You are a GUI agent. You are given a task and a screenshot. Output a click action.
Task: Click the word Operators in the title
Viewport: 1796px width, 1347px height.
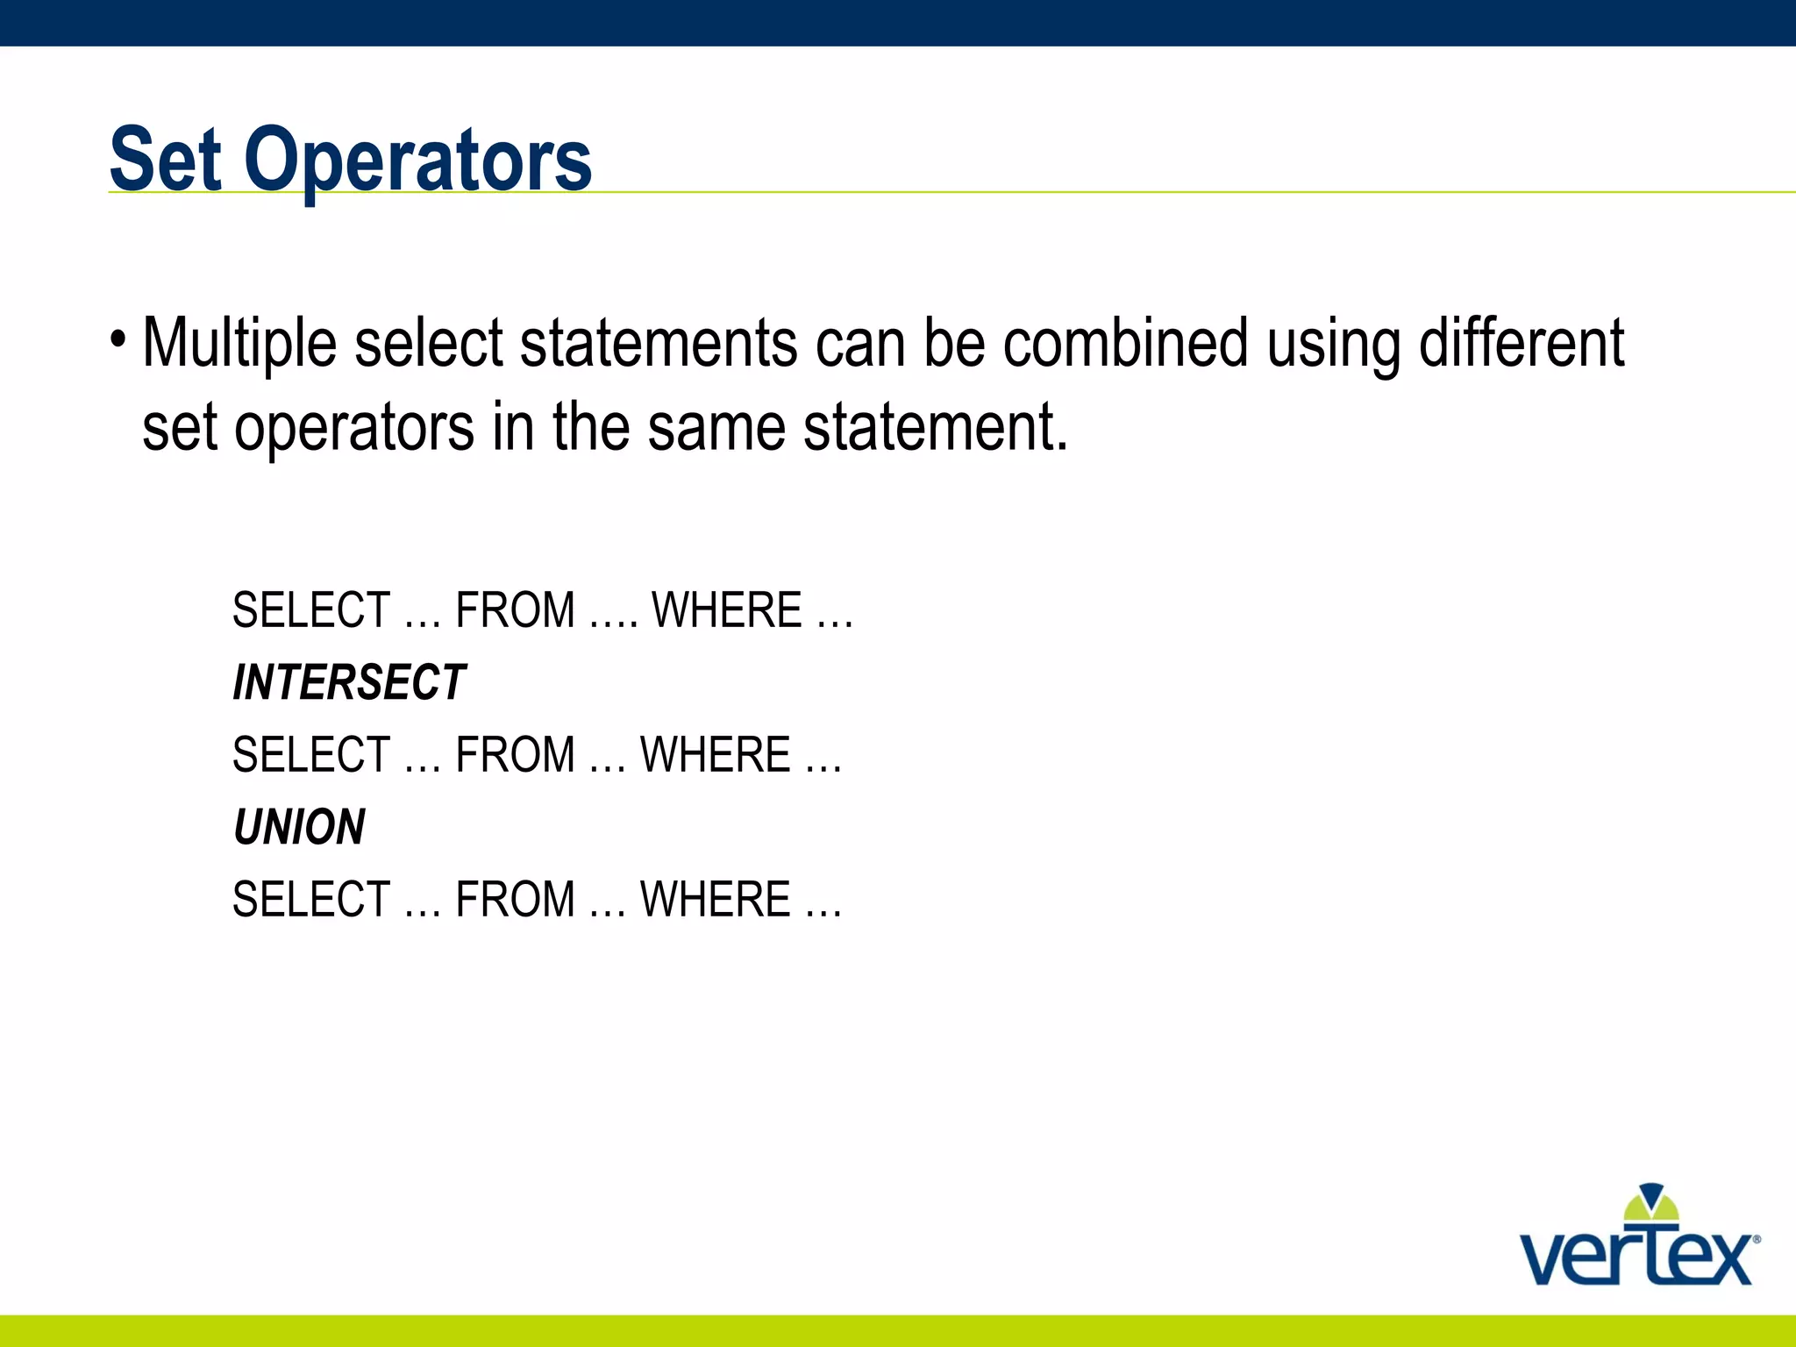coord(418,161)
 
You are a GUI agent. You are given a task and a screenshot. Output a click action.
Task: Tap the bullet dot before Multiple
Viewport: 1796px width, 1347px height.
coord(118,339)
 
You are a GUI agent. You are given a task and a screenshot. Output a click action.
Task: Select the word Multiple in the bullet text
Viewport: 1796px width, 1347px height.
coord(239,343)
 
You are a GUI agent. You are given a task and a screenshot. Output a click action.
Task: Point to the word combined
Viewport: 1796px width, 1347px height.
coord(1125,343)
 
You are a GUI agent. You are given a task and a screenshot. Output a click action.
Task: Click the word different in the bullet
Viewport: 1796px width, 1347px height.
coord(1522,343)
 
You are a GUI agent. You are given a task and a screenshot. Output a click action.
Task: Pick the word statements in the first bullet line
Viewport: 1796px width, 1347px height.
coord(659,343)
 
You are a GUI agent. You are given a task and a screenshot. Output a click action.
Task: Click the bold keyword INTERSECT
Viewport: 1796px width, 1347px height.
coord(349,682)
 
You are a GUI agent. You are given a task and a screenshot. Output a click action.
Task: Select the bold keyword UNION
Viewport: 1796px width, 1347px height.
coord(299,827)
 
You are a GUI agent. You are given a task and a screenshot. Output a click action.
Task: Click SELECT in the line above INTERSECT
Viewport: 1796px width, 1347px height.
coord(311,610)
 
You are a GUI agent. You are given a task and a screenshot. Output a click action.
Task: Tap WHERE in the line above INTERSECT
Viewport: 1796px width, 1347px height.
coord(727,610)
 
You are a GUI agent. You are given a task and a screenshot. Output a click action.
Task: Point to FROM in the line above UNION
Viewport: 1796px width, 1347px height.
coord(516,755)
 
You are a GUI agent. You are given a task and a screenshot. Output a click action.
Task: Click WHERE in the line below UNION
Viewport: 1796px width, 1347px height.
coord(716,900)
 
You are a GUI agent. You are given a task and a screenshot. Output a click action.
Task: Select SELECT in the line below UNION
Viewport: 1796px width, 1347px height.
coord(311,900)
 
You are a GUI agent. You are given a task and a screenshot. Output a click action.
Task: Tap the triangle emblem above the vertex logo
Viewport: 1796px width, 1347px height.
coord(1651,1203)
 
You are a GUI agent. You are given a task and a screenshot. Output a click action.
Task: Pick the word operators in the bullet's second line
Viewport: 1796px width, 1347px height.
coord(354,427)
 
